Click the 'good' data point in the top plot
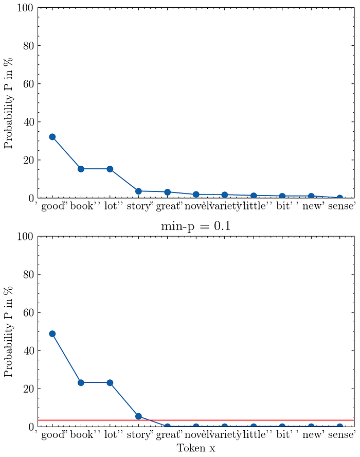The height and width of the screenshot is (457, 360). (52, 137)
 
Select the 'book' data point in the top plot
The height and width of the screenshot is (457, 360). (81, 169)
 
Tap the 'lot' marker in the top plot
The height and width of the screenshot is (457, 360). (110, 169)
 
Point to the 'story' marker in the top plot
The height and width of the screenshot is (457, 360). (138, 191)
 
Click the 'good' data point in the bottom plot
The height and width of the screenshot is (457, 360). (52, 333)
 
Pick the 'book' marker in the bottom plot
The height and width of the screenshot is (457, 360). (81, 382)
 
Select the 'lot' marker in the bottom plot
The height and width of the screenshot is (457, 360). (110, 382)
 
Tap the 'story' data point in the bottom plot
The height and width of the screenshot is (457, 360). (138, 416)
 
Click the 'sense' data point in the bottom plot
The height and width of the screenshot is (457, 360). (339, 427)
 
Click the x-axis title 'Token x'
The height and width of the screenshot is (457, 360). (196, 448)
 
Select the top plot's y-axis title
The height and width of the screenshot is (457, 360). (9, 103)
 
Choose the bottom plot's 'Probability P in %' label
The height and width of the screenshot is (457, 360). (9, 331)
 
